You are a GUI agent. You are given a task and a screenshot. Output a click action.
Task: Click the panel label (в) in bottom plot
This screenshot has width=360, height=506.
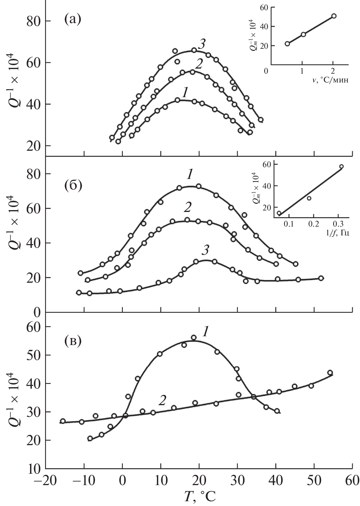pyautogui.click(x=73, y=341)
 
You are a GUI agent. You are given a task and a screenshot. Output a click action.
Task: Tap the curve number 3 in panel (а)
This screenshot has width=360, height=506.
pyautogui.click(x=201, y=44)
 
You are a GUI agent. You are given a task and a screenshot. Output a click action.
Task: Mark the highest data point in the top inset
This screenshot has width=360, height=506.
pyautogui.click(x=334, y=16)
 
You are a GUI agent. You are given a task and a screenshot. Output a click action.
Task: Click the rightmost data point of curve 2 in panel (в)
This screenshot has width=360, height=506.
pyautogui.click(x=330, y=373)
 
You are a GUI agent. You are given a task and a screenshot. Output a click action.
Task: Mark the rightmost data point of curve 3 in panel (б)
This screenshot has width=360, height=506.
pyautogui.click(x=321, y=278)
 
